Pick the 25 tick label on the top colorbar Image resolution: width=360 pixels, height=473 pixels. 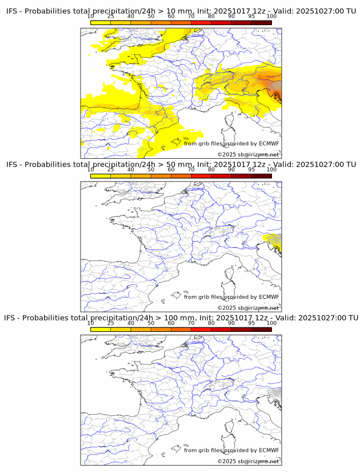[111, 16]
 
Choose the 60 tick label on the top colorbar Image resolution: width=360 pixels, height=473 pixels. [171, 16]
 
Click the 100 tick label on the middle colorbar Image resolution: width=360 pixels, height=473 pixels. [271, 169]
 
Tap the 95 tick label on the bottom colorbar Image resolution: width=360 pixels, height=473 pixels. [251, 323]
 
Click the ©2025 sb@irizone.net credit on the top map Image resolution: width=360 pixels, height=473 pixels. [248, 154]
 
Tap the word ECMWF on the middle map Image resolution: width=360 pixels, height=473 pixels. [269, 296]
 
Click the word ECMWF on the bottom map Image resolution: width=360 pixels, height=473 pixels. [269, 450]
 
